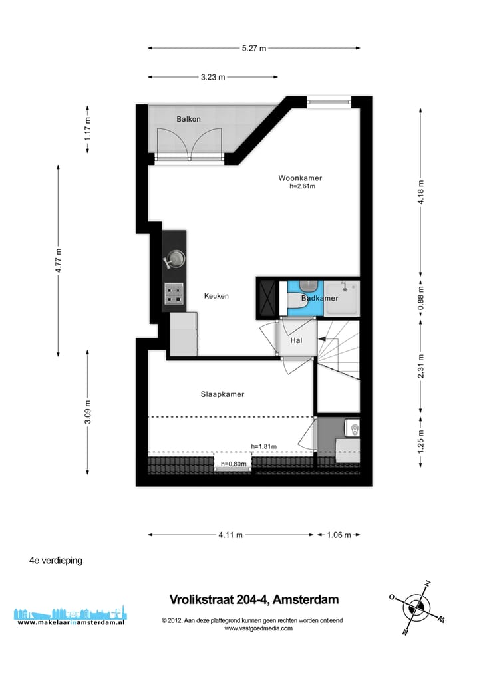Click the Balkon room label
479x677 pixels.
188,119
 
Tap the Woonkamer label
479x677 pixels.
301,178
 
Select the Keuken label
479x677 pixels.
216,296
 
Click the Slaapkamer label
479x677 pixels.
222,394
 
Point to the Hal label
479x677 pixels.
297,341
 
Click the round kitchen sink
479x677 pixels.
176,259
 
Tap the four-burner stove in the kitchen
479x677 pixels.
174,294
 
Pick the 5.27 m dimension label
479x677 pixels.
253,48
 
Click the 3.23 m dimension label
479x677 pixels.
213,77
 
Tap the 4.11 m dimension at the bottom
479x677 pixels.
230,535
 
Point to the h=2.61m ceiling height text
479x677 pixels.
301,187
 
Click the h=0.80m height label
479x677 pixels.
234,464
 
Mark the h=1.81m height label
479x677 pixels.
264,446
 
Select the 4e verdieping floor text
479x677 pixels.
56,561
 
